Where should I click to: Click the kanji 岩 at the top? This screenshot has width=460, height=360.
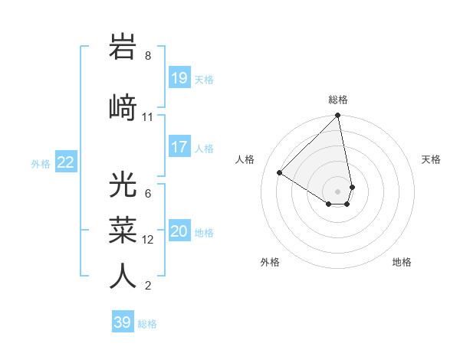coord(123,47)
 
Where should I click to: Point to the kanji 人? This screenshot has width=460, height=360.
coord(123,276)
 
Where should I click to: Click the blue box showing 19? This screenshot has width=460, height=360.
coord(179,77)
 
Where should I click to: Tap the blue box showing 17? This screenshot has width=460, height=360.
coord(179,147)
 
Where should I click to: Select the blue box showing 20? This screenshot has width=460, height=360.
coord(179,231)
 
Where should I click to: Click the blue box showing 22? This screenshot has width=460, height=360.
coord(66,162)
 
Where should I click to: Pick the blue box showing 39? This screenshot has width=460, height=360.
coord(122,322)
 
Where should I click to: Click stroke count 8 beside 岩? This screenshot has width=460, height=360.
coord(148,56)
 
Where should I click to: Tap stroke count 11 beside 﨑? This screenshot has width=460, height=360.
coord(148,117)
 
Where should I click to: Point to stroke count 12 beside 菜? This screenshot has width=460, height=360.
coord(149,240)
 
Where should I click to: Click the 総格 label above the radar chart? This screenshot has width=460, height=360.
coord(338,100)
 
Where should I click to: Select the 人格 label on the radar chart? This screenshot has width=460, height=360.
coord(245,159)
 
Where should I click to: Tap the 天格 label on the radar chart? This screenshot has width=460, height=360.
coord(431,159)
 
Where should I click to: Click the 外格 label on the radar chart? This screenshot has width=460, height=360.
coord(270,262)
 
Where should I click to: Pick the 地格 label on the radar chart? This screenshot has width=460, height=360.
coord(402,262)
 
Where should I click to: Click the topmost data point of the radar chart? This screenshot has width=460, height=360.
coord(338,116)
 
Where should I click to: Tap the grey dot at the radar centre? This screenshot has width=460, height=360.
coord(337,191)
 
